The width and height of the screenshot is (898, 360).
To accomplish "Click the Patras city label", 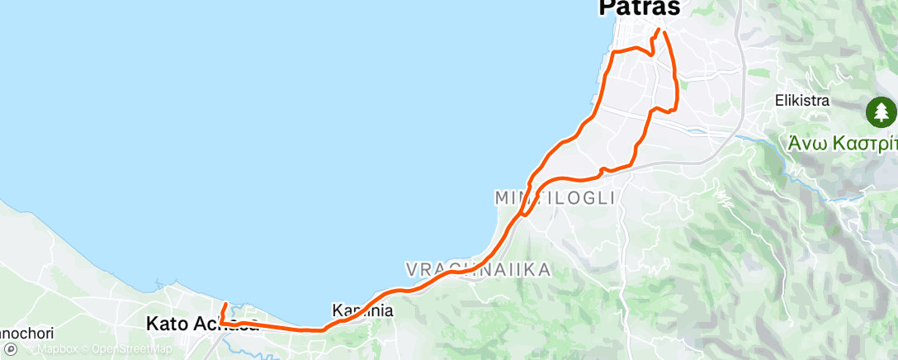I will click(x=639, y=8).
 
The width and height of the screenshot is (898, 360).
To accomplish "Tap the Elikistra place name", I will click(x=801, y=102).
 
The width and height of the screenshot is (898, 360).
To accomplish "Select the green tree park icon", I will click(x=881, y=111).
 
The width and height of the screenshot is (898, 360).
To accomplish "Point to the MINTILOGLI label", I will click(x=555, y=198).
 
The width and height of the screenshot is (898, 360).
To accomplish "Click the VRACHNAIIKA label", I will click(x=477, y=270).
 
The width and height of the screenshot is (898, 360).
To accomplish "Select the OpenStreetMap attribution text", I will click(x=132, y=349).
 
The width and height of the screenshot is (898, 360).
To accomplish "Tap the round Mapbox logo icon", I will click(x=11, y=349).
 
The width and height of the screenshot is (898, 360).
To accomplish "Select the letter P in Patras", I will click(x=607, y=8).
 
